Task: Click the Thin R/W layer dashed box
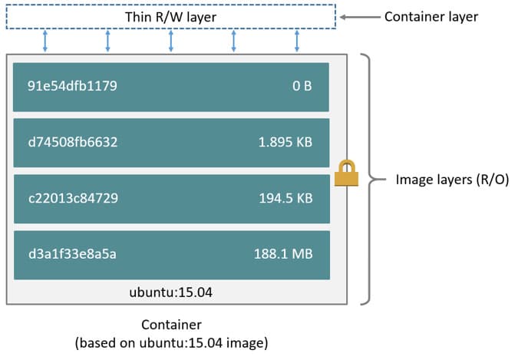click(x=171, y=17)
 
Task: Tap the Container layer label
click(x=431, y=16)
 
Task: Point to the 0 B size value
click(x=302, y=86)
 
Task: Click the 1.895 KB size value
click(x=285, y=142)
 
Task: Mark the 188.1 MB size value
click(x=283, y=254)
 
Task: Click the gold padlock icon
click(x=345, y=173)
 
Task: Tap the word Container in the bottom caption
click(x=171, y=325)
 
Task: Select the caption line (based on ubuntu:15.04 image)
click(x=171, y=342)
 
